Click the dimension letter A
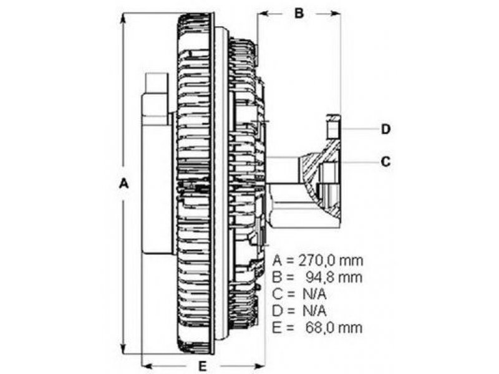124,183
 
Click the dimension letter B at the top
299,13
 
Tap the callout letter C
385,161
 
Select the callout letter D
385,129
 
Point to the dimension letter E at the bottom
202,367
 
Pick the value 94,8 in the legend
320,277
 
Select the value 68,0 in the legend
320,328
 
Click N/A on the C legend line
314,294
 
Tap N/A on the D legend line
314,310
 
